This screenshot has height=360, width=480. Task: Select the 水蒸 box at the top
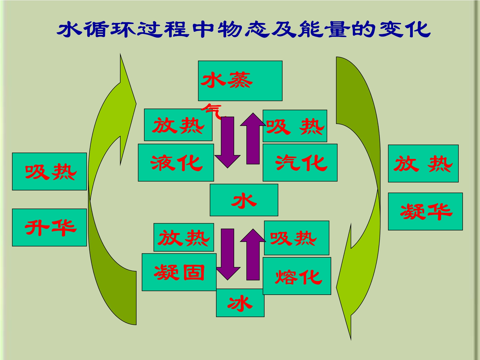[240, 81]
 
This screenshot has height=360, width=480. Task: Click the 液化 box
[176, 163]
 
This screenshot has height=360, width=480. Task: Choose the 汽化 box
[300, 163]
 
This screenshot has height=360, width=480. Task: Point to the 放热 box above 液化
[178, 125]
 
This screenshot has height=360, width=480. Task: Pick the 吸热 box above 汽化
[295, 126]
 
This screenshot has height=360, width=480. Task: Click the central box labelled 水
[244, 200]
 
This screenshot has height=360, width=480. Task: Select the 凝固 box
[179, 272]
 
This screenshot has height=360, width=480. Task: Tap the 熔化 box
[297, 276]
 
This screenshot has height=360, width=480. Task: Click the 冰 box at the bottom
[240, 303]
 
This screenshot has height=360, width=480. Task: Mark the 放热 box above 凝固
[184, 237]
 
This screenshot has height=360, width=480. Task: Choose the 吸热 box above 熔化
[297, 238]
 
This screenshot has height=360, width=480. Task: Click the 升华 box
[49, 227]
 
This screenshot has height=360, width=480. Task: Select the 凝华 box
[425, 211]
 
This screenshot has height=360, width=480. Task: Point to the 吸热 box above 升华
[49, 171]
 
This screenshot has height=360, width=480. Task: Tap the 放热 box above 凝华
[423, 163]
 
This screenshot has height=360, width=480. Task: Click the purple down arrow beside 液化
[227, 142]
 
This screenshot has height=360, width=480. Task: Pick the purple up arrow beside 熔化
[253, 254]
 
